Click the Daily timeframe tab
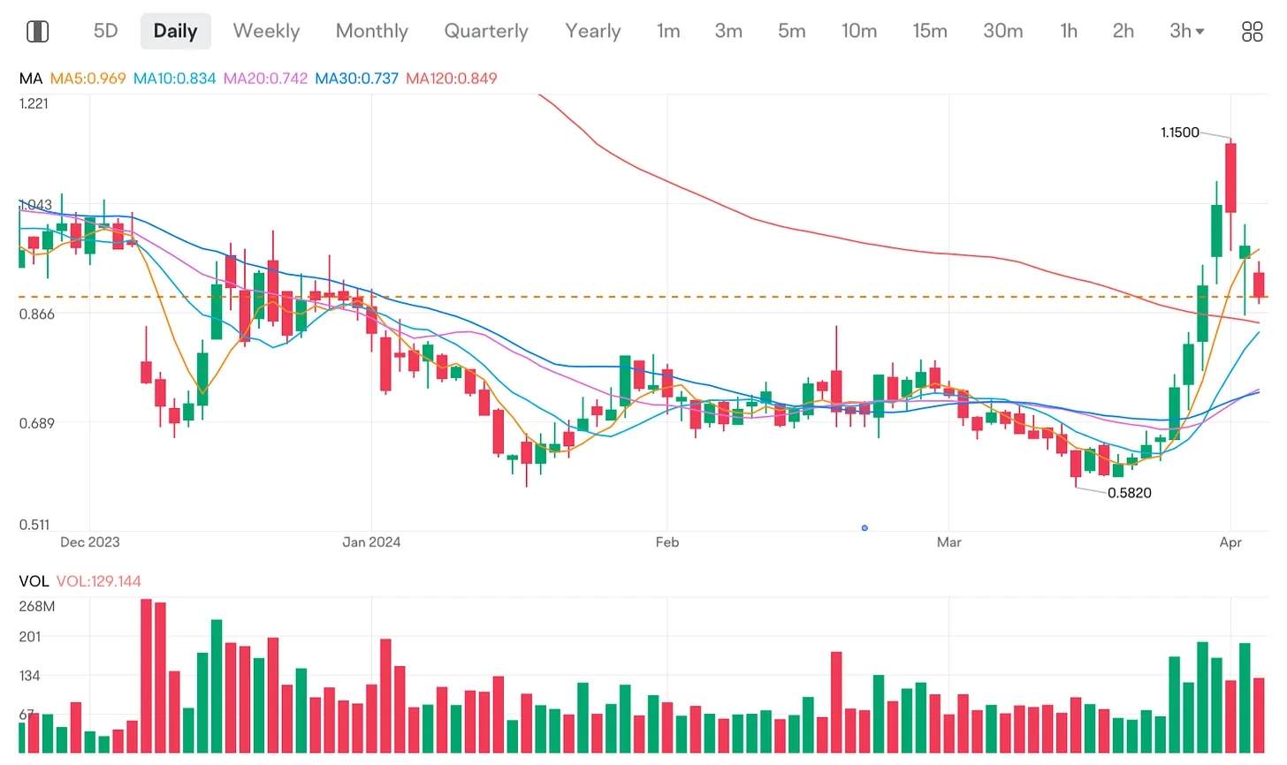pyautogui.click(x=175, y=31)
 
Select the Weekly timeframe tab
pyautogui.click(x=266, y=31)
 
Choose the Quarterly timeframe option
pyautogui.click(x=485, y=31)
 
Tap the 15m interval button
pyautogui.click(x=929, y=31)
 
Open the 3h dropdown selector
pyautogui.click(x=1186, y=31)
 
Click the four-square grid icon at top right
pyautogui.click(x=1252, y=32)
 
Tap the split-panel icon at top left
pyautogui.click(x=37, y=32)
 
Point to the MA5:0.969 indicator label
pyautogui.click(x=88, y=79)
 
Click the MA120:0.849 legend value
pyautogui.click(x=451, y=79)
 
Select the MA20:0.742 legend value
pyautogui.click(x=265, y=79)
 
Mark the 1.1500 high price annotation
pyautogui.click(x=1179, y=133)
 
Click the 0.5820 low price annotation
pyautogui.click(x=1129, y=493)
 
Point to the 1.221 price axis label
pyautogui.click(x=34, y=103)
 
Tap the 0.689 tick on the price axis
pyautogui.click(x=36, y=423)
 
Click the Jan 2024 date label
pyautogui.click(x=371, y=542)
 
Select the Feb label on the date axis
pyautogui.click(x=666, y=542)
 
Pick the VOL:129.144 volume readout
pyautogui.click(x=98, y=581)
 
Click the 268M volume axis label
pyautogui.click(x=36, y=606)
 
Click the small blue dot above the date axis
pyautogui.click(x=864, y=528)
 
